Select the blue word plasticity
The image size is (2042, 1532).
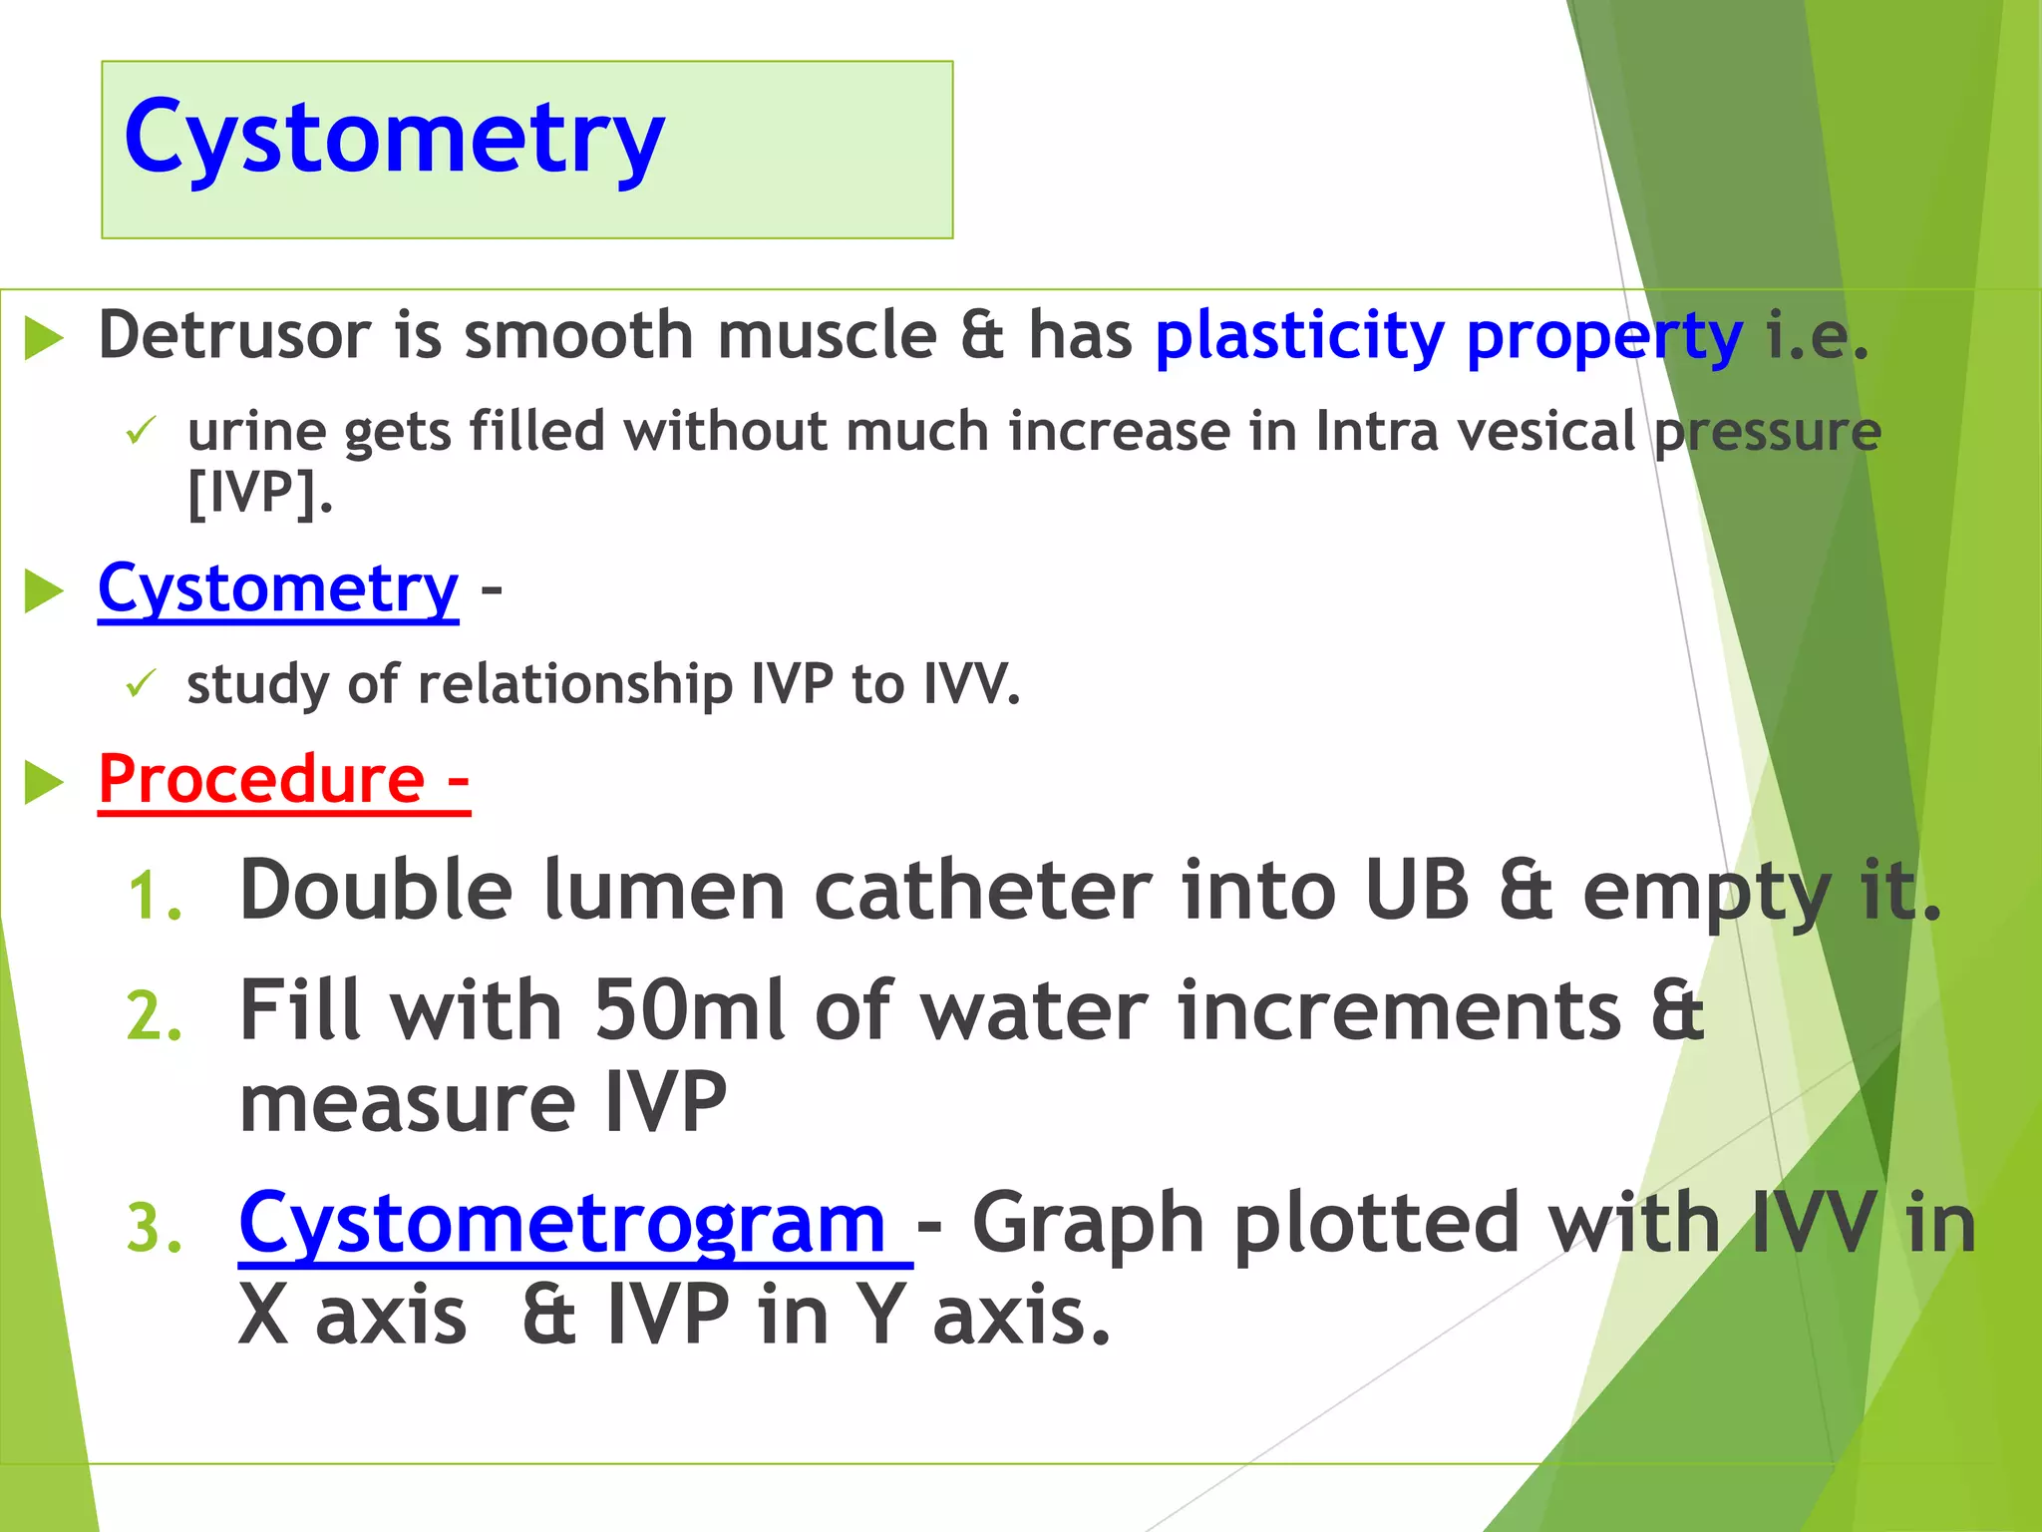click(x=1298, y=337)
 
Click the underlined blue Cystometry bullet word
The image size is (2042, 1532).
click(x=278, y=589)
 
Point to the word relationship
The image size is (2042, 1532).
click(x=574, y=686)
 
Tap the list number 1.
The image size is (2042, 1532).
click(x=155, y=896)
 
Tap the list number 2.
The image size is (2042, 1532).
click(x=155, y=1017)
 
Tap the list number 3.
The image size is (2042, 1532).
click(x=155, y=1229)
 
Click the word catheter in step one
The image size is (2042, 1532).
click(x=982, y=891)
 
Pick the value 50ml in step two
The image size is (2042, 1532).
click(x=689, y=1011)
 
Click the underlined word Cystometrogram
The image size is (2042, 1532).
click(x=562, y=1225)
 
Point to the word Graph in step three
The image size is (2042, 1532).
click(x=1088, y=1225)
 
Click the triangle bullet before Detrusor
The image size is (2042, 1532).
click(x=44, y=338)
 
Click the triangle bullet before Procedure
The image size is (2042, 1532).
click(x=44, y=782)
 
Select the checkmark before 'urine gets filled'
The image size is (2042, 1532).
click(x=141, y=432)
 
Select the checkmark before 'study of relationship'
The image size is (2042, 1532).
click(x=141, y=684)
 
